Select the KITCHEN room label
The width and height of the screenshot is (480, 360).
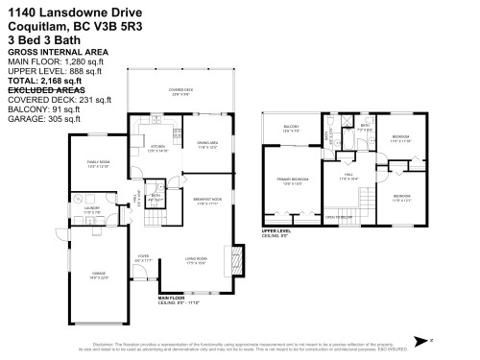tap(156, 148)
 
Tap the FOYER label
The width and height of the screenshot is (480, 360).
tap(144, 255)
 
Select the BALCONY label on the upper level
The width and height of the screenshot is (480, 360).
tap(292, 127)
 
